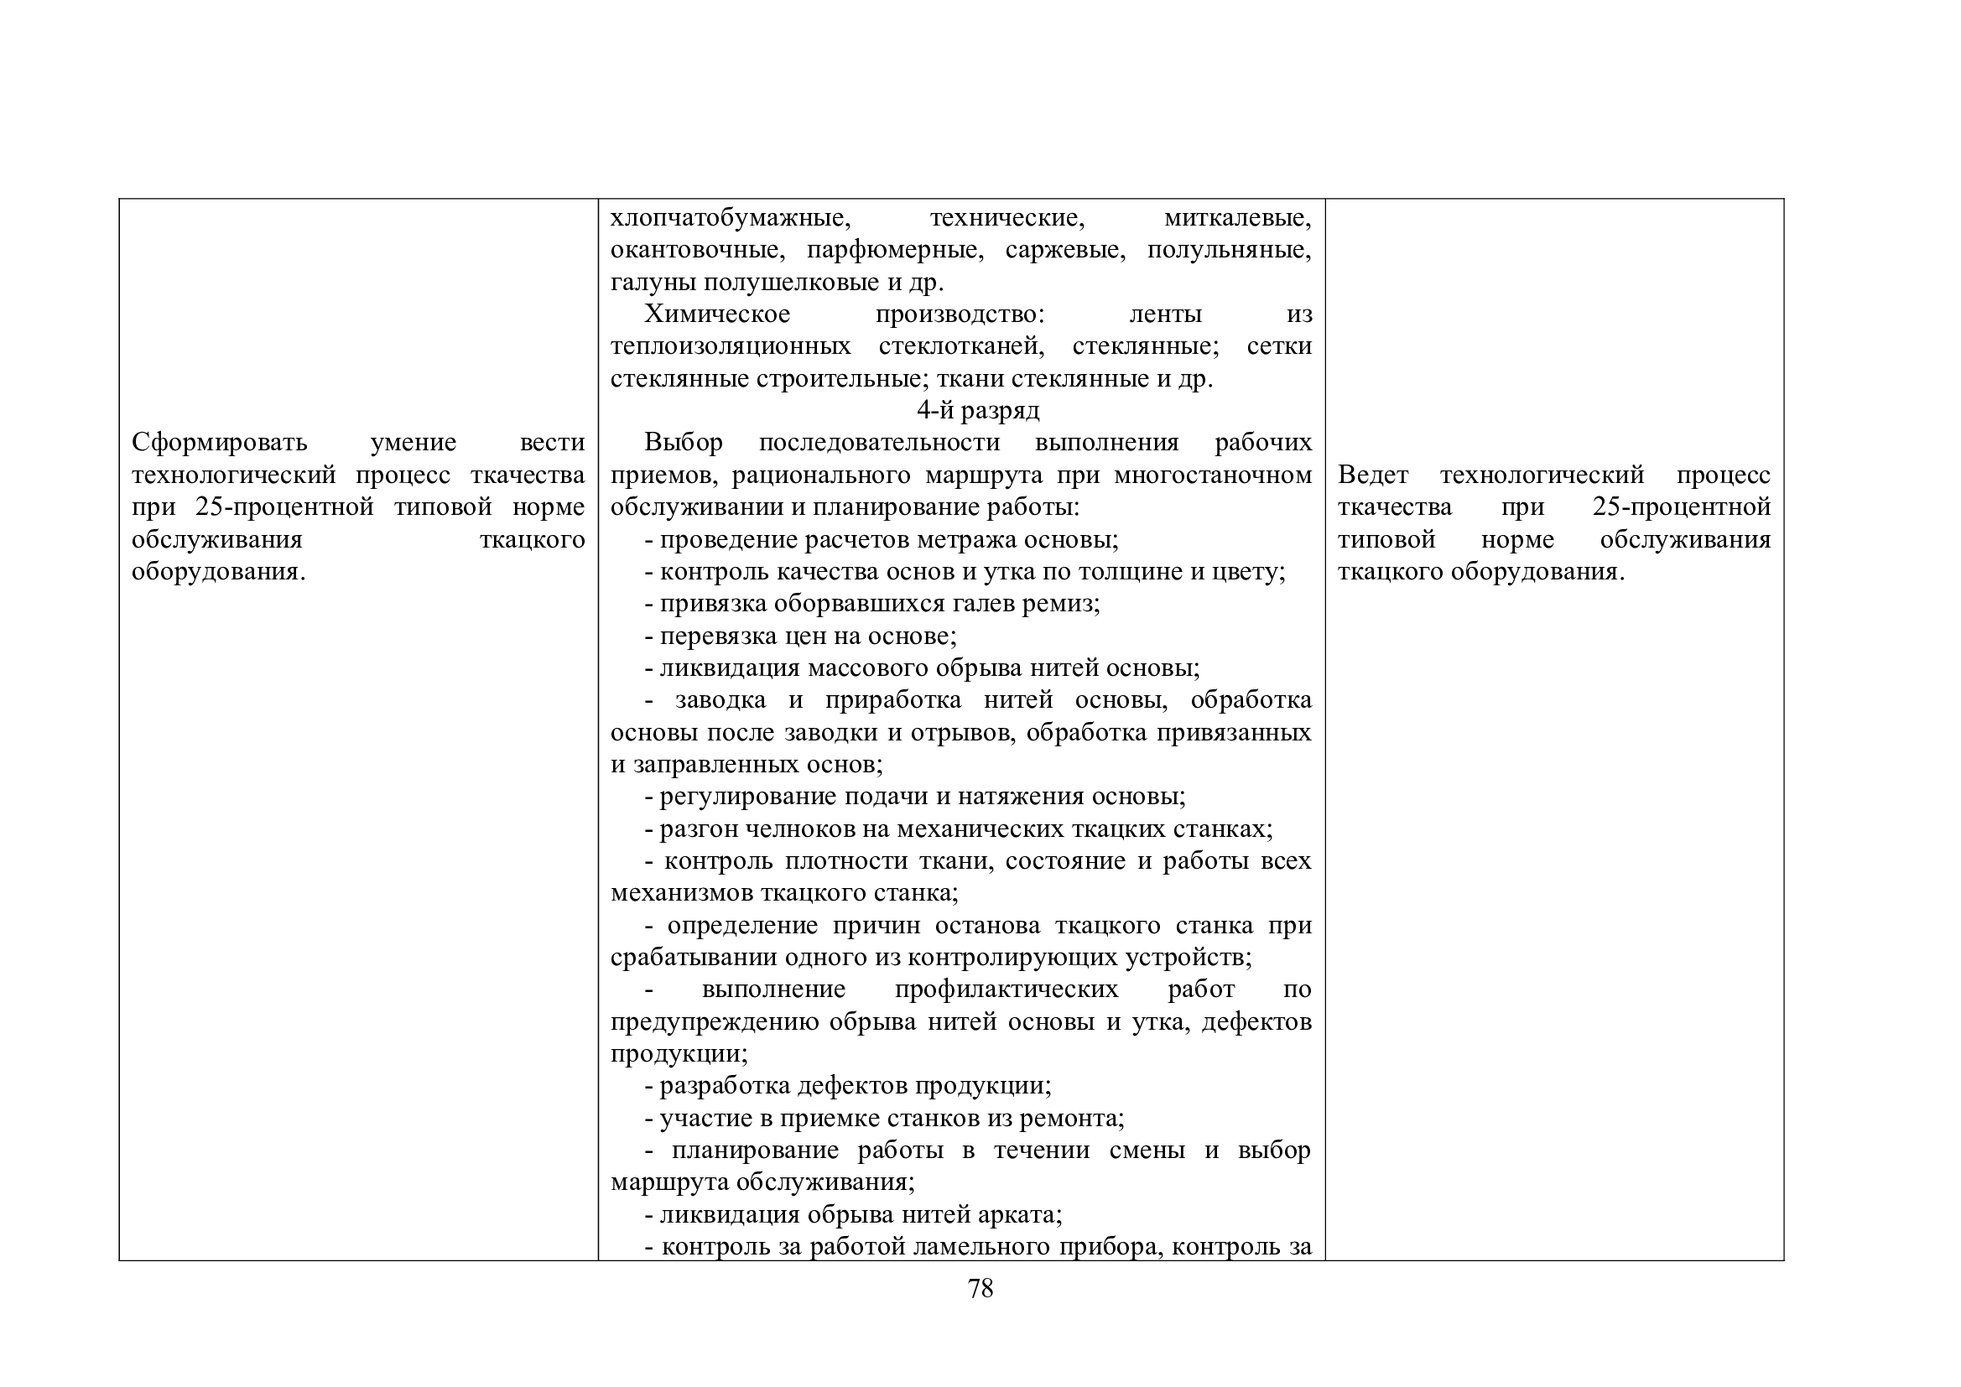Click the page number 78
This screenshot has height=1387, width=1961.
point(980,1289)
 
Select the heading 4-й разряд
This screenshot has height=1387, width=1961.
point(978,411)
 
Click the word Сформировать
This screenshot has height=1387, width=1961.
point(220,443)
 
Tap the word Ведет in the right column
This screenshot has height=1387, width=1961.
point(1372,475)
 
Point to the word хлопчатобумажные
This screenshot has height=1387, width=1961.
point(731,218)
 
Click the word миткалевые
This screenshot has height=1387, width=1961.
point(1238,218)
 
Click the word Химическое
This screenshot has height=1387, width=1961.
point(716,314)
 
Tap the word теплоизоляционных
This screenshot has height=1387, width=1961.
point(731,347)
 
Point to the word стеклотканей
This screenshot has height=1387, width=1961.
point(961,347)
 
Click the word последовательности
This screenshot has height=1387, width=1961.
point(879,443)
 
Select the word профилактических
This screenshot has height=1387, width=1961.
point(1007,989)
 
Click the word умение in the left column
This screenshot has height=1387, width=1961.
point(414,443)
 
